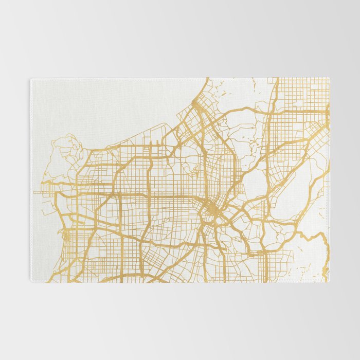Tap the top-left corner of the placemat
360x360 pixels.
click(x=30, y=79)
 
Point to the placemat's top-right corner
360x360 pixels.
click(x=330, y=78)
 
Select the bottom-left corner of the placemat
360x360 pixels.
click(x=30, y=282)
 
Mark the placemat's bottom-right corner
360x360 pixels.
click(x=330, y=282)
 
